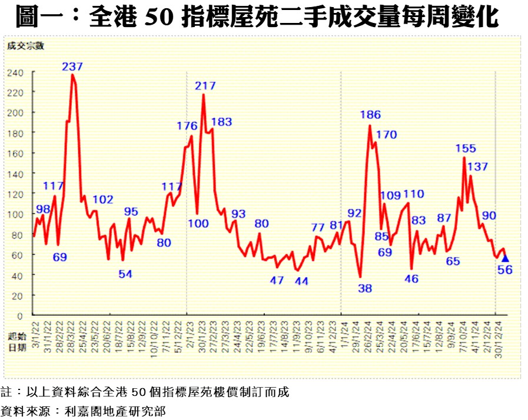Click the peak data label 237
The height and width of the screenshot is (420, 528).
click(x=72, y=66)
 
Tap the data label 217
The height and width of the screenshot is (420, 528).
click(x=205, y=86)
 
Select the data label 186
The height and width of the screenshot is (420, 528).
click(x=371, y=115)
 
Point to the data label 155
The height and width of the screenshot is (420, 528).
click(x=465, y=148)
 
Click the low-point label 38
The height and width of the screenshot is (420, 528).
click(x=365, y=288)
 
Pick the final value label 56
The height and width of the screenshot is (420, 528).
click(x=505, y=270)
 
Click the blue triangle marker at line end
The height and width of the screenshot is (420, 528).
click(x=505, y=258)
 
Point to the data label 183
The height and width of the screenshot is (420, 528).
click(x=221, y=122)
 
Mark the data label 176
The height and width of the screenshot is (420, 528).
click(x=187, y=125)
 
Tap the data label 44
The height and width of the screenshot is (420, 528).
click(x=301, y=281)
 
